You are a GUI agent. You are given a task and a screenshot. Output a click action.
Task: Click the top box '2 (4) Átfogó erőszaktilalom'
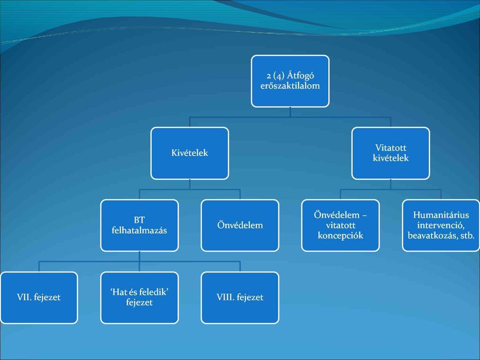(290, 81)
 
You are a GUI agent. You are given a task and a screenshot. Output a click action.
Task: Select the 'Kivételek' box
(190, 153)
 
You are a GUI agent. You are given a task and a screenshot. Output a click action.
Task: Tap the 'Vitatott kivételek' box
(390, 153)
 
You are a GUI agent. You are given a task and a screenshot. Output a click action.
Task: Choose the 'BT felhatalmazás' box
(139, 225)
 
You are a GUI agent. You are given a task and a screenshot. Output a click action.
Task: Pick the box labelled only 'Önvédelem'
(240, 225)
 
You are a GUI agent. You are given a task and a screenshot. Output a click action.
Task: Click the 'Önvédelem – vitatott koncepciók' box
(340, 225)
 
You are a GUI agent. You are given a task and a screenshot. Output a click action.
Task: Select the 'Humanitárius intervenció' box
(441, 225)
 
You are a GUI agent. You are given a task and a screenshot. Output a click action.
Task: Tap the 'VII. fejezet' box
(39, 297)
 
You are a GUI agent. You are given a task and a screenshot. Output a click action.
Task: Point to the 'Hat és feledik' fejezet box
(139, 297)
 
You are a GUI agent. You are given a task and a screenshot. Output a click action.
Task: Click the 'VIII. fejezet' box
(240, 297)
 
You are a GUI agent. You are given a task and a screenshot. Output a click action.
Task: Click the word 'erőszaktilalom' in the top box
(290, 85)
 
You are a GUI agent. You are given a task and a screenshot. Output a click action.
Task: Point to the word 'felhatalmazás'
(139, 230)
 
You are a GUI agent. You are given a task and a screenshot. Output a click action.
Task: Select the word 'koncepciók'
(340, 235)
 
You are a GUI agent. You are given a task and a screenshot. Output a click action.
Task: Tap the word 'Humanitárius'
(441, 215)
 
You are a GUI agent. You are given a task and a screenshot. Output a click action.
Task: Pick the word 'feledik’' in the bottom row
(154, 292)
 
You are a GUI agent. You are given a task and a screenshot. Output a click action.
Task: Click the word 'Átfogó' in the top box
(300, 75)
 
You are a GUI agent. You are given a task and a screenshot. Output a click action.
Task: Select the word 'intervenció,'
(441, 225)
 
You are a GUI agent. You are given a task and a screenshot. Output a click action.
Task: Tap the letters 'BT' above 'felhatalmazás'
(139, 220)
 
